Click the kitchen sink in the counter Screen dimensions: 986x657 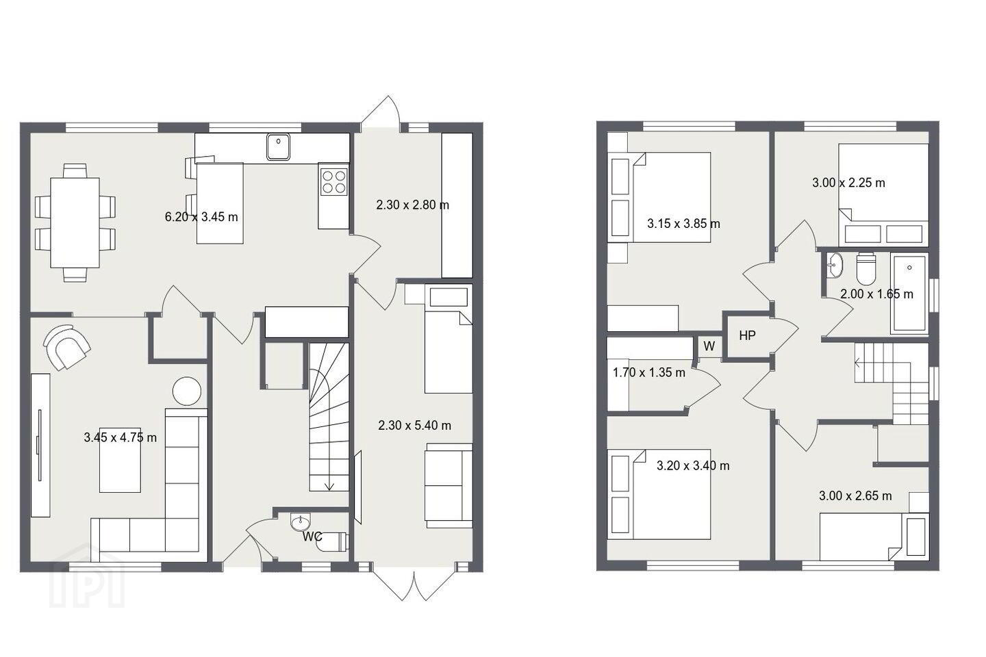(x=278, y=146)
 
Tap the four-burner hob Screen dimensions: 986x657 (x=333, y=182)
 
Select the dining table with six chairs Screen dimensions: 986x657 (x=75, y=222)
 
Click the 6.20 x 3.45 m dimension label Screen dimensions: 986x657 (x=201, y=216)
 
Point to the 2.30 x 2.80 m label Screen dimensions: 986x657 (x=412, y=205)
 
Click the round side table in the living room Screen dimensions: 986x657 (x=187, y=391)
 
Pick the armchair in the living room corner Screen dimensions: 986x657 (x=67, y=347)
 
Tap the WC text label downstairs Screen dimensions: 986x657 (x=312, y=537)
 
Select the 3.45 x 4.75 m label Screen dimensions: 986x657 (x=121, y=437)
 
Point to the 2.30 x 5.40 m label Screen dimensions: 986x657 (x=415, y=425)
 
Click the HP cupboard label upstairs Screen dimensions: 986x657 (x=748, y=336)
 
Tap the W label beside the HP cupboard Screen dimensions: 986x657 (x=709, y=346)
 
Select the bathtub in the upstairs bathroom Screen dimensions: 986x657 (x=909, y=292)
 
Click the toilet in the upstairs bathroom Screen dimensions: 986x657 (x=866, y=269)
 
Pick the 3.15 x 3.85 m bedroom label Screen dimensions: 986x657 (x=683, y=224)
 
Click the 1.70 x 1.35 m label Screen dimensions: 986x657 (x=649, y=373)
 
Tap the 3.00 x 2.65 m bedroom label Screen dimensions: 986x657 (x=855, y=496)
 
